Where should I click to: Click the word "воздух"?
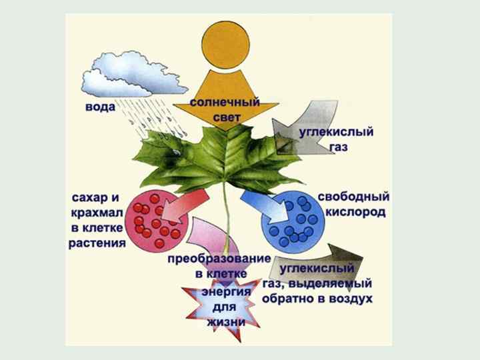click(347, 299)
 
